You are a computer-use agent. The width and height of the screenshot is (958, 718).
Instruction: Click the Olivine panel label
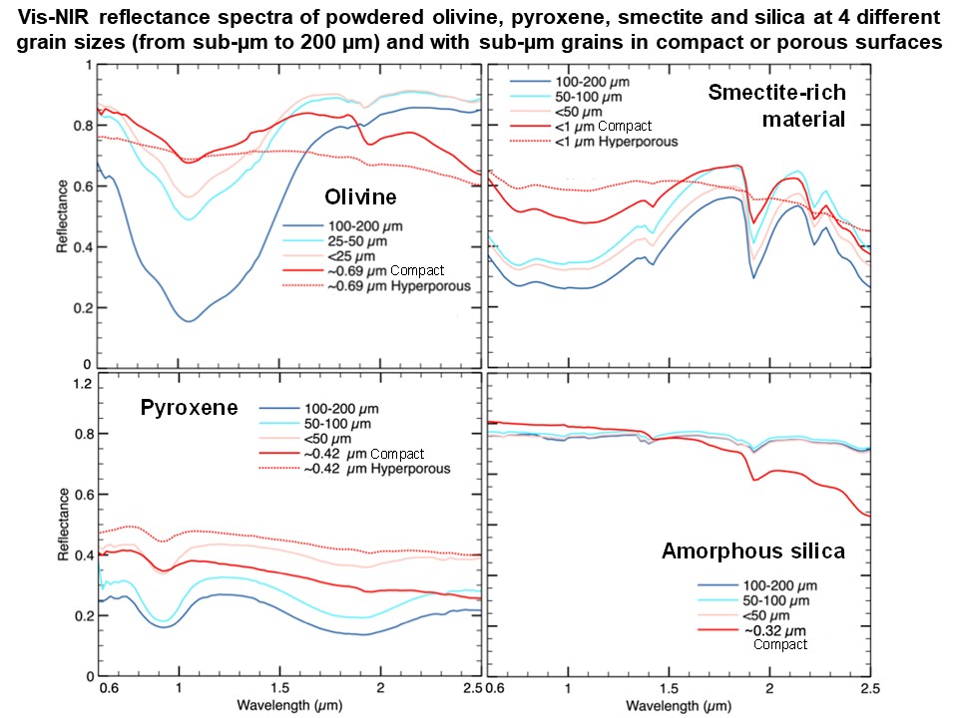point(351,196)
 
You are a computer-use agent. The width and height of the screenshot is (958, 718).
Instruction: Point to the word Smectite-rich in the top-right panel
point(776,93)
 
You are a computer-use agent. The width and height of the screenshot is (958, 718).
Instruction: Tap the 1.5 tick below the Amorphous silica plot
point(668,689)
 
